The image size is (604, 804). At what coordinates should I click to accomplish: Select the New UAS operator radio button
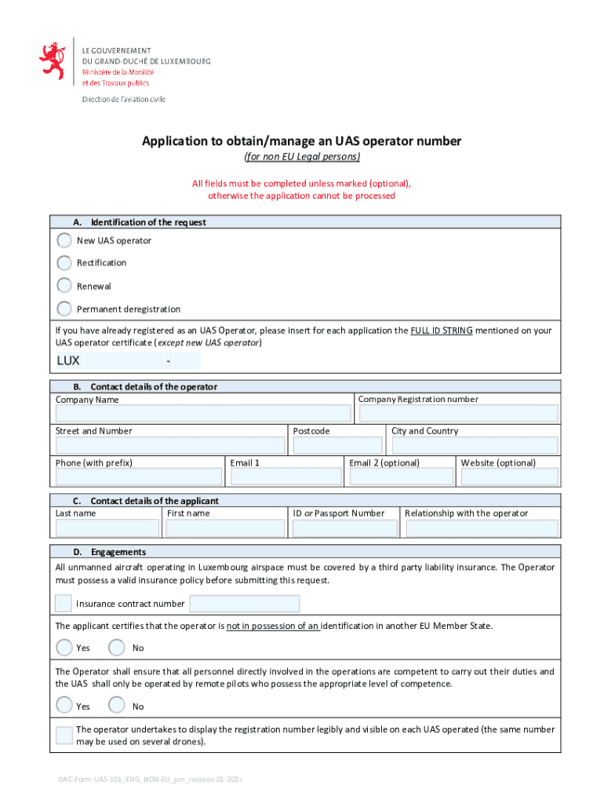(64, 240)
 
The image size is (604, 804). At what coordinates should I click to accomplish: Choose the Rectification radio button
(64, 263)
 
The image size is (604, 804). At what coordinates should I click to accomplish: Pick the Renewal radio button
(64, 286)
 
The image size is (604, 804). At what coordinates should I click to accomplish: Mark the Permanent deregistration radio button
(64, 309)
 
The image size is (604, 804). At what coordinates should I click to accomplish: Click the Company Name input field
(203, 414)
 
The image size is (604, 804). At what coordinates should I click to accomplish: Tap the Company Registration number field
(458, 414)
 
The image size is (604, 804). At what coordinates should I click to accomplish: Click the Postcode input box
(337, 445)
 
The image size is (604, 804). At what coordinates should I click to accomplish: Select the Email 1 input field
(286, 477)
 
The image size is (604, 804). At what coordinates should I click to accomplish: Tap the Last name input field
(107, 528)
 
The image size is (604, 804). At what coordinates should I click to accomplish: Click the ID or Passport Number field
(344, 528)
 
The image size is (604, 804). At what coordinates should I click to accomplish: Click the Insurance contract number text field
(245, 604)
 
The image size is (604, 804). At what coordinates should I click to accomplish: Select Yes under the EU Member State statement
(64, 648)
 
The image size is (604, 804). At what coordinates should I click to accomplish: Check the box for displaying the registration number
(64, 736)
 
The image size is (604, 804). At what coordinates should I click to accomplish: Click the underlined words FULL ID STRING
(441, 331)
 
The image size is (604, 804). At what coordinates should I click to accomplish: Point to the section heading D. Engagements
(118, 552)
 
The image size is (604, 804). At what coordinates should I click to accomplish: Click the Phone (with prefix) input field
(139, 477)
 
